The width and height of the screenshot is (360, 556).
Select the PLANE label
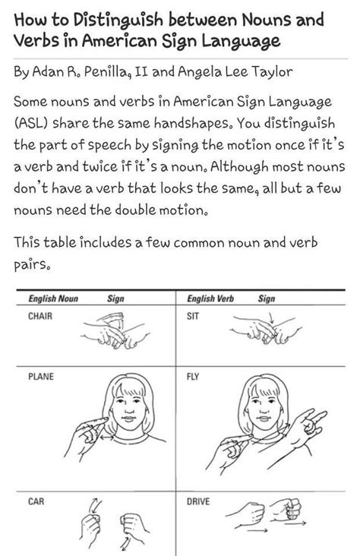tap(40, 376)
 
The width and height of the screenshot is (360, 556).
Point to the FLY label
tap(192, 376)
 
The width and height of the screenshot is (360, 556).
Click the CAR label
tap(36, 501)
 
